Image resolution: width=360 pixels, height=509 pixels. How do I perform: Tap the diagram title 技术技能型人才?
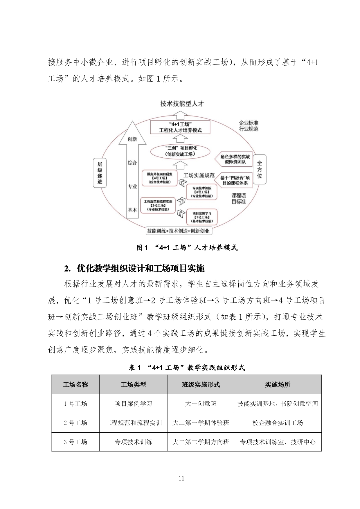point(182,104)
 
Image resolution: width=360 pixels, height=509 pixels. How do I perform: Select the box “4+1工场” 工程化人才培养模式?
point(180,127)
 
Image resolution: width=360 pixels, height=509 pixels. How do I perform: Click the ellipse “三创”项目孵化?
point(180,151)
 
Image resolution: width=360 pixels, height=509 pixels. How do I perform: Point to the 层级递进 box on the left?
point(100,173)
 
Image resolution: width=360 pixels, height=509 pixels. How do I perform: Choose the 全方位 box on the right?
point(259,170)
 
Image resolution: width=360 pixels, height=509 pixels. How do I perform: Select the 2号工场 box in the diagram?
point(158,205)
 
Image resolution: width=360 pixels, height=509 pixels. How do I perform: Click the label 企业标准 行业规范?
point(249,126)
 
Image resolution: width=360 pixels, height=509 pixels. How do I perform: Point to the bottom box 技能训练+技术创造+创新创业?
point(178,231)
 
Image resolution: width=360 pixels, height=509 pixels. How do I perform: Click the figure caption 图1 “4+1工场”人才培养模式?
point(187,248)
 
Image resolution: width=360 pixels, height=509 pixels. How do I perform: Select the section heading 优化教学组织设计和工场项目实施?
point(141,269)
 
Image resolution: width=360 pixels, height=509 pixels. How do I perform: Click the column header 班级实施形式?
point(201,385)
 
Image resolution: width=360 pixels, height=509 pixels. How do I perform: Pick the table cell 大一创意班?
point(201,404)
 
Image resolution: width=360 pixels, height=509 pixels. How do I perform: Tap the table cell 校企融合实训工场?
point(278,423)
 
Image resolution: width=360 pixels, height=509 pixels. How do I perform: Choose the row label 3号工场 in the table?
point(75,442)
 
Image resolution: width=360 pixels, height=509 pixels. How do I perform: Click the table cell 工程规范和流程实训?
point(133,423)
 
